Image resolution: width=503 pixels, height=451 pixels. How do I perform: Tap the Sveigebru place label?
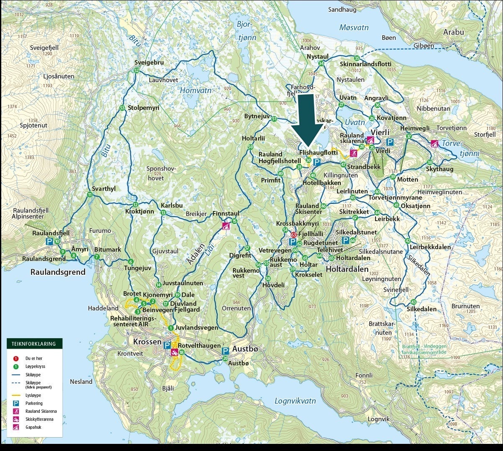coord(149,63)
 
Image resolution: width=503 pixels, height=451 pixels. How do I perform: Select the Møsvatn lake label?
coord(354,28)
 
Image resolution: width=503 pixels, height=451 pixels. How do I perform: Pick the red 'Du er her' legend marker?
coord(16,358)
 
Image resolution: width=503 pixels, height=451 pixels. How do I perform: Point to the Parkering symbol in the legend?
coord(16,403)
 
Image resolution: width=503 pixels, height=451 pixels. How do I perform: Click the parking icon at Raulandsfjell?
coord(49,241)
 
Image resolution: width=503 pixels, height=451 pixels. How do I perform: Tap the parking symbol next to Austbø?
coord(225,351)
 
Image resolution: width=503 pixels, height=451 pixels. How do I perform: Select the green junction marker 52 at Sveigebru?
coord(136,70)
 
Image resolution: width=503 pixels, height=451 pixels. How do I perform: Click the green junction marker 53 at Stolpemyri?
coord(122,108)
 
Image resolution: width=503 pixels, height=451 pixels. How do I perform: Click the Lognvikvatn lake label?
coord(295,401)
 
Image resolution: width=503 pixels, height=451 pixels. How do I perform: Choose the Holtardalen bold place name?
coord(347,269)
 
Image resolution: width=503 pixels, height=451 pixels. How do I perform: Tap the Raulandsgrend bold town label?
coord(58,272)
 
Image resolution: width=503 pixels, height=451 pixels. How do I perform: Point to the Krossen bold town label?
coord(147,342)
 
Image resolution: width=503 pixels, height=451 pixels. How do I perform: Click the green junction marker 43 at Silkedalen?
coord(414,302)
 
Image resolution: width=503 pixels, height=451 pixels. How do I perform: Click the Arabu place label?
coord(454,32)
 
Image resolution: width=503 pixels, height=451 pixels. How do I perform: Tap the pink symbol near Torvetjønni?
coord(435,143)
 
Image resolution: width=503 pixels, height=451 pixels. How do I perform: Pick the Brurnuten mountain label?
coord(465,306)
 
